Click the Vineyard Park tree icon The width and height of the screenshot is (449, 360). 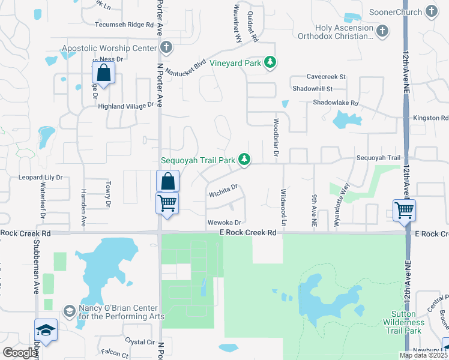pos(271,62)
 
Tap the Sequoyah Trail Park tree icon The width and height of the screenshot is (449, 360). pos(244,159)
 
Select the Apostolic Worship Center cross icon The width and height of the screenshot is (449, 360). pos(167,47)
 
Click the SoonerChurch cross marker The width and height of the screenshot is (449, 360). pos(431,11)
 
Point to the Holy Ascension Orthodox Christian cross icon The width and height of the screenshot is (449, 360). pos(382,30)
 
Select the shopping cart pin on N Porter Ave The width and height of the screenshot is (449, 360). pos(167,203)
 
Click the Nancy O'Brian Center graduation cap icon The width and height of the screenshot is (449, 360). pos(69,310)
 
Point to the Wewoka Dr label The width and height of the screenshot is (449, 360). pos(224,223)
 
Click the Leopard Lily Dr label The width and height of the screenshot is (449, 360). pos(40,178)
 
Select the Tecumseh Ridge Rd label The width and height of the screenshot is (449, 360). pos(125,25)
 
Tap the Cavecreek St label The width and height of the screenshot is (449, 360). pos(327,77)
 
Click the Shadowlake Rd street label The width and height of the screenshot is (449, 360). pos(335,103)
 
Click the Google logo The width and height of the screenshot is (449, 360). pos(20,353)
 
